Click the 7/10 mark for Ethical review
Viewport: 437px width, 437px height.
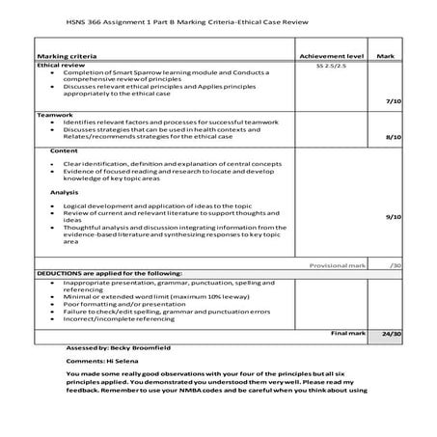coord(393,100)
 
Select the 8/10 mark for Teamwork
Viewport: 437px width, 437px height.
coord(393,138)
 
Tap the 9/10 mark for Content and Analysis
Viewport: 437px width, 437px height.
coord(393,217)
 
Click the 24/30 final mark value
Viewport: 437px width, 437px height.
coord(391,333)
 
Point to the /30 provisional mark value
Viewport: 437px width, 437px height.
coord(396,264)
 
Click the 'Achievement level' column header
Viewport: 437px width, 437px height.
coord(332,57)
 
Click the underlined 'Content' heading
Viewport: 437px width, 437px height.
coord(64,151)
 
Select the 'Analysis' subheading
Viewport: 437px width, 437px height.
coord(66,193)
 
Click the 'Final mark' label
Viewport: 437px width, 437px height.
coord(346,332)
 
